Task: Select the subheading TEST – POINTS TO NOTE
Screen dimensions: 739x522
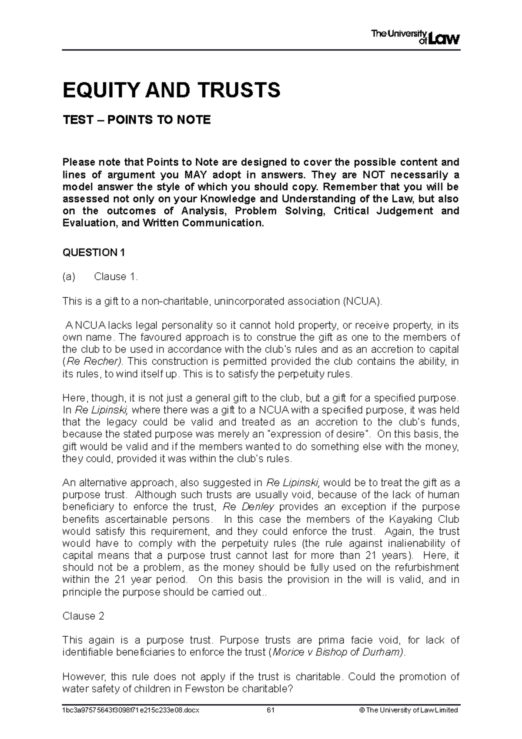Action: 137,120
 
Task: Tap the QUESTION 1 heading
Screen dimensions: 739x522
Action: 94,252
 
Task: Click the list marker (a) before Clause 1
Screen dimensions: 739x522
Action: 69,277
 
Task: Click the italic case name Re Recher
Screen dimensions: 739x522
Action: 95,362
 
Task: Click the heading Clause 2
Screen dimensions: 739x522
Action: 84,616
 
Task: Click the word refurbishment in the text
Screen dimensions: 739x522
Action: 425,568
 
